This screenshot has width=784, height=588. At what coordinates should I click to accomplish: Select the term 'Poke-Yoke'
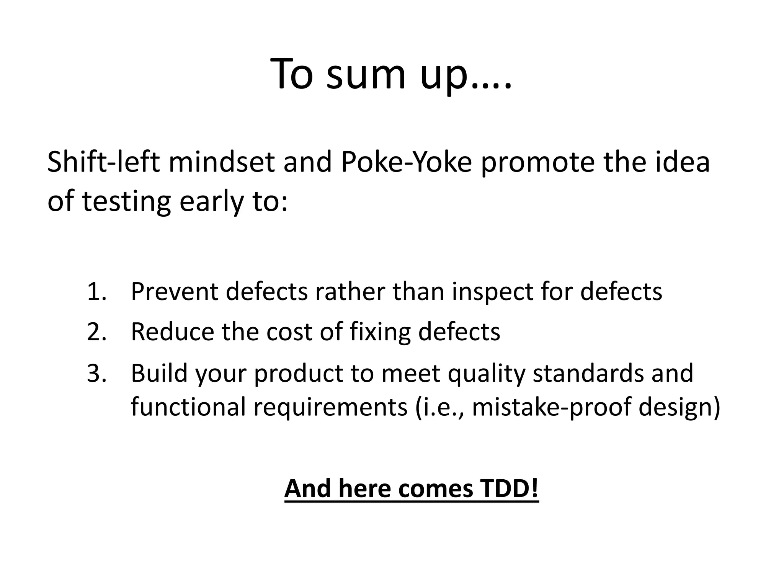(x=406, y=162)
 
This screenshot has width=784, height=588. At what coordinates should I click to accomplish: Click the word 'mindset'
(x=221, y=162)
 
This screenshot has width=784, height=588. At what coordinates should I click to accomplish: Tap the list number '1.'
(x=96, y=291)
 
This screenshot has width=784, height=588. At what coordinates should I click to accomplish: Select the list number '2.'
(x=96, y=332)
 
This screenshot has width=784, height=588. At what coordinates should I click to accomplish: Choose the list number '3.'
(x=96, y=373)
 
